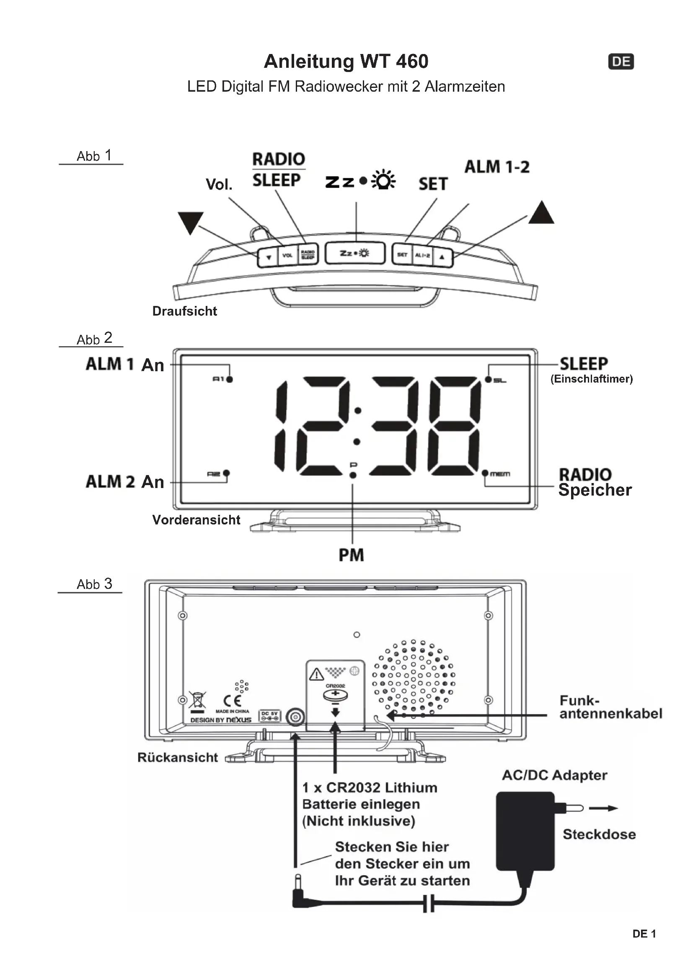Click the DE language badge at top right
[621, 62]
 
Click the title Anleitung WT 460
[346, 62]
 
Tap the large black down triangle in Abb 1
[190, 222]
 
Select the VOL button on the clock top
[287, 255]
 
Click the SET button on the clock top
[402, 254]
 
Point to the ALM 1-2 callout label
[497, 167]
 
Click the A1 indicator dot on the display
[230, 379]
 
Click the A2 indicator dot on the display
[227, 473]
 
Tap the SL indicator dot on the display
[488, 379]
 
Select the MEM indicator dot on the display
[485, 473]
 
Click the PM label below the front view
[351, 555]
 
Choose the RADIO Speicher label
[595, 482]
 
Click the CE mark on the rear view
[232, 701]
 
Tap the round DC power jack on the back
[295, 717]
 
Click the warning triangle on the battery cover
[316, 674]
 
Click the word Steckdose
[599, 834]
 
